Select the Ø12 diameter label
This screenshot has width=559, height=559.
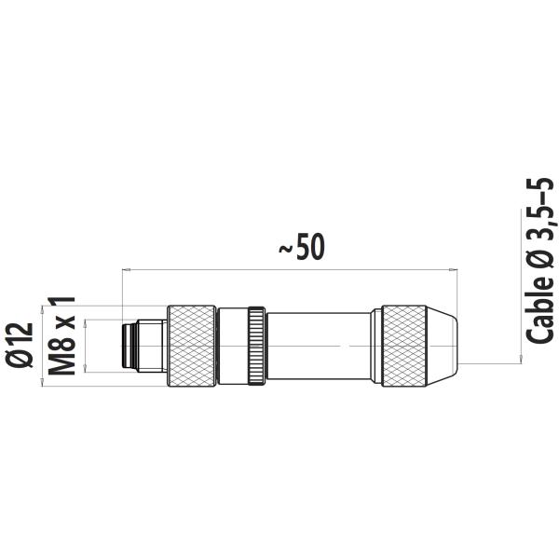coord(20,346)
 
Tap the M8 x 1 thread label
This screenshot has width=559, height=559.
coord(62,336)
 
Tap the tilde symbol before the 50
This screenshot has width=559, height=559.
coord(287,249)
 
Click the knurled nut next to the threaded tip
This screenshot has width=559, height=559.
coord(190,346)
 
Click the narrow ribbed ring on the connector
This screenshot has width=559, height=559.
coord(255,346)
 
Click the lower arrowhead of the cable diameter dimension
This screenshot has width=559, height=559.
coord(518,359)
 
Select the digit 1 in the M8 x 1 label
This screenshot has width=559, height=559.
coord(62,303)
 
